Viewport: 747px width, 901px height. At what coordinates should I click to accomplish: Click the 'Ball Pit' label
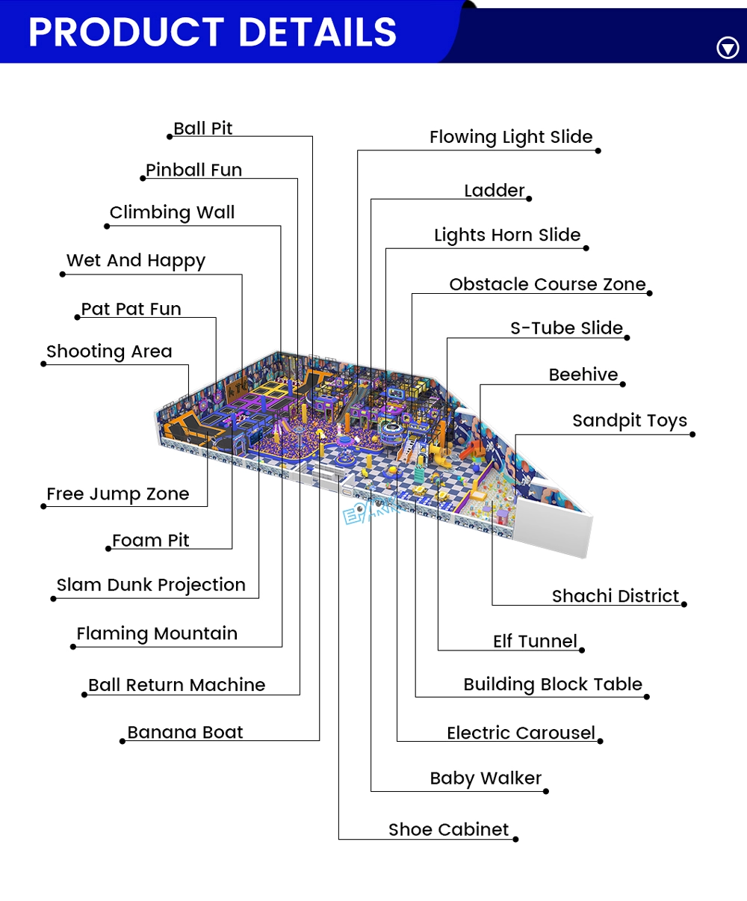point(202,129)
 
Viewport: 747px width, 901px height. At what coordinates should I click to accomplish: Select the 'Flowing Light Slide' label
point(511,138)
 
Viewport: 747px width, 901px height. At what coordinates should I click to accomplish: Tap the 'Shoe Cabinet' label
point(448,830)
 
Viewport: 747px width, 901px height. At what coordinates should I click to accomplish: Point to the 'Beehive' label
point(583,375)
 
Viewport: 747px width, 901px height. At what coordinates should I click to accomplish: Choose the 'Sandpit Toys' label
point(629,421)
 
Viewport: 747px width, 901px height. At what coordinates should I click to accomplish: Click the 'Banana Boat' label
point(185,732)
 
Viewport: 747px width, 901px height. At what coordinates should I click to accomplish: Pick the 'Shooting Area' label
point(109,351)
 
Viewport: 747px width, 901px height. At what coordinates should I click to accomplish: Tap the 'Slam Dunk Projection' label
point(151,585)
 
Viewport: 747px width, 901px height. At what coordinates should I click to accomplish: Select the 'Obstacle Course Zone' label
point(548,284)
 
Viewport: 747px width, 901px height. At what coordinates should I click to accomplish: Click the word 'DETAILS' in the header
point(317,32)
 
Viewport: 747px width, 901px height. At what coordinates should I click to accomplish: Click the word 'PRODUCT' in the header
point(125,32)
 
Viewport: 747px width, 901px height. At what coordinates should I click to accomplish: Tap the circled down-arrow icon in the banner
point(728,47)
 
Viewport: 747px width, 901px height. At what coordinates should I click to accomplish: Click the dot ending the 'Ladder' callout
point(529,199)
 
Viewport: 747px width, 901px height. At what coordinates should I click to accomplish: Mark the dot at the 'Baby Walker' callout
point(546,791)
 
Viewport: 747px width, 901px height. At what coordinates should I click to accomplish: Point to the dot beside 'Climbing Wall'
point(107,226)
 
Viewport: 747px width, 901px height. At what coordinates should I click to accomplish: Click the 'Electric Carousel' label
point(521,734)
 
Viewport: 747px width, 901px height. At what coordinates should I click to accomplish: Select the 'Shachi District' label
point(615,597)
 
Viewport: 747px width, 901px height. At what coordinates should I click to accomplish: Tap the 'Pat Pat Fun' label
point(131,309)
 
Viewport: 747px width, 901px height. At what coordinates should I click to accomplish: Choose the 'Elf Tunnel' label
point(535,642)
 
